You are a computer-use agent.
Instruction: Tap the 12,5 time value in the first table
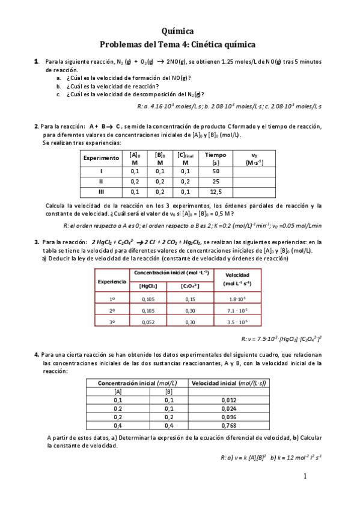pyautogui.click(x=216, y=192)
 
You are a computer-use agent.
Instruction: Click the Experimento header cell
pyautogui.click(x=101, y=158)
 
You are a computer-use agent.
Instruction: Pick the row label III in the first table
pyautogui.click(x=101, y=192)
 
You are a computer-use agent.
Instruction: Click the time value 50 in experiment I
pyautogui.click(x=216, y=171)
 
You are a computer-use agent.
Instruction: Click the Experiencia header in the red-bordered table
pyautogui.click(x=112, y=281)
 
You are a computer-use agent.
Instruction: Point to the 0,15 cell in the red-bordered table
pyautogui.click(x=190, y=298)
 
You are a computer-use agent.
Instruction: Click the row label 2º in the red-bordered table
pyautogui.click(x=112, y=310)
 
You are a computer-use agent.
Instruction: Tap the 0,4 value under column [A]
pyautogui.click(x=118, y=425)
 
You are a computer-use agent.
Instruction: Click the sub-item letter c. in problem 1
pyautogui.click(x=58, y=94)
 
